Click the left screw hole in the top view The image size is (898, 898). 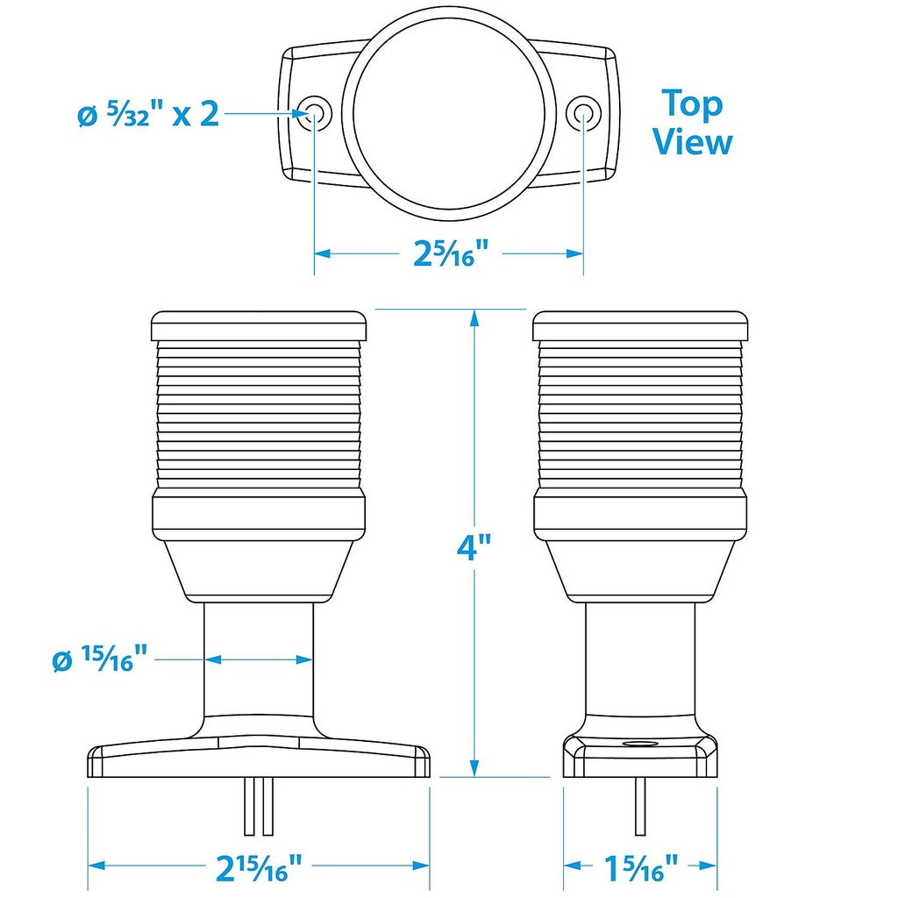click(x=314, y=112)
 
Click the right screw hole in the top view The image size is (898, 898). click(x=583, y=112)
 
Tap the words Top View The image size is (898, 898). click(x=692, y=122)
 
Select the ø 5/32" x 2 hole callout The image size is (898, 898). click(x=148, y=114)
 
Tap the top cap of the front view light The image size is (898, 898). click(x=258, y=326)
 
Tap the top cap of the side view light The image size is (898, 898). click(x=640, y=326)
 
